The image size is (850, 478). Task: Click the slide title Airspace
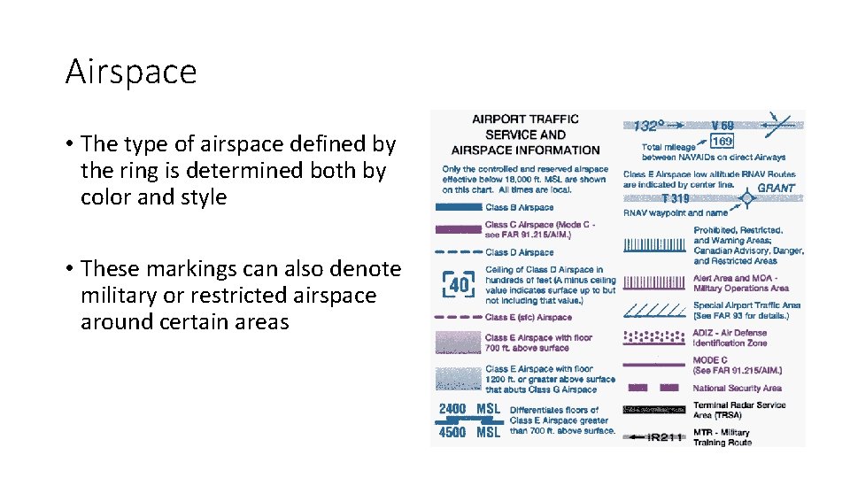131,72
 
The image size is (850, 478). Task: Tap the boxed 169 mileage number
722,141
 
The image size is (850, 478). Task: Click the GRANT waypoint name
775,189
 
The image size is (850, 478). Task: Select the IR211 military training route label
664,437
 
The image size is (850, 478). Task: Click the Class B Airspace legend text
519,208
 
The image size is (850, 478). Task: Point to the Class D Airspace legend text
519,252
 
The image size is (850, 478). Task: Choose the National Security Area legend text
737,388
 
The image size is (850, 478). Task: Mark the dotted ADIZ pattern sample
654,337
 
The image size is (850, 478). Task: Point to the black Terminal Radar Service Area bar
654,409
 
